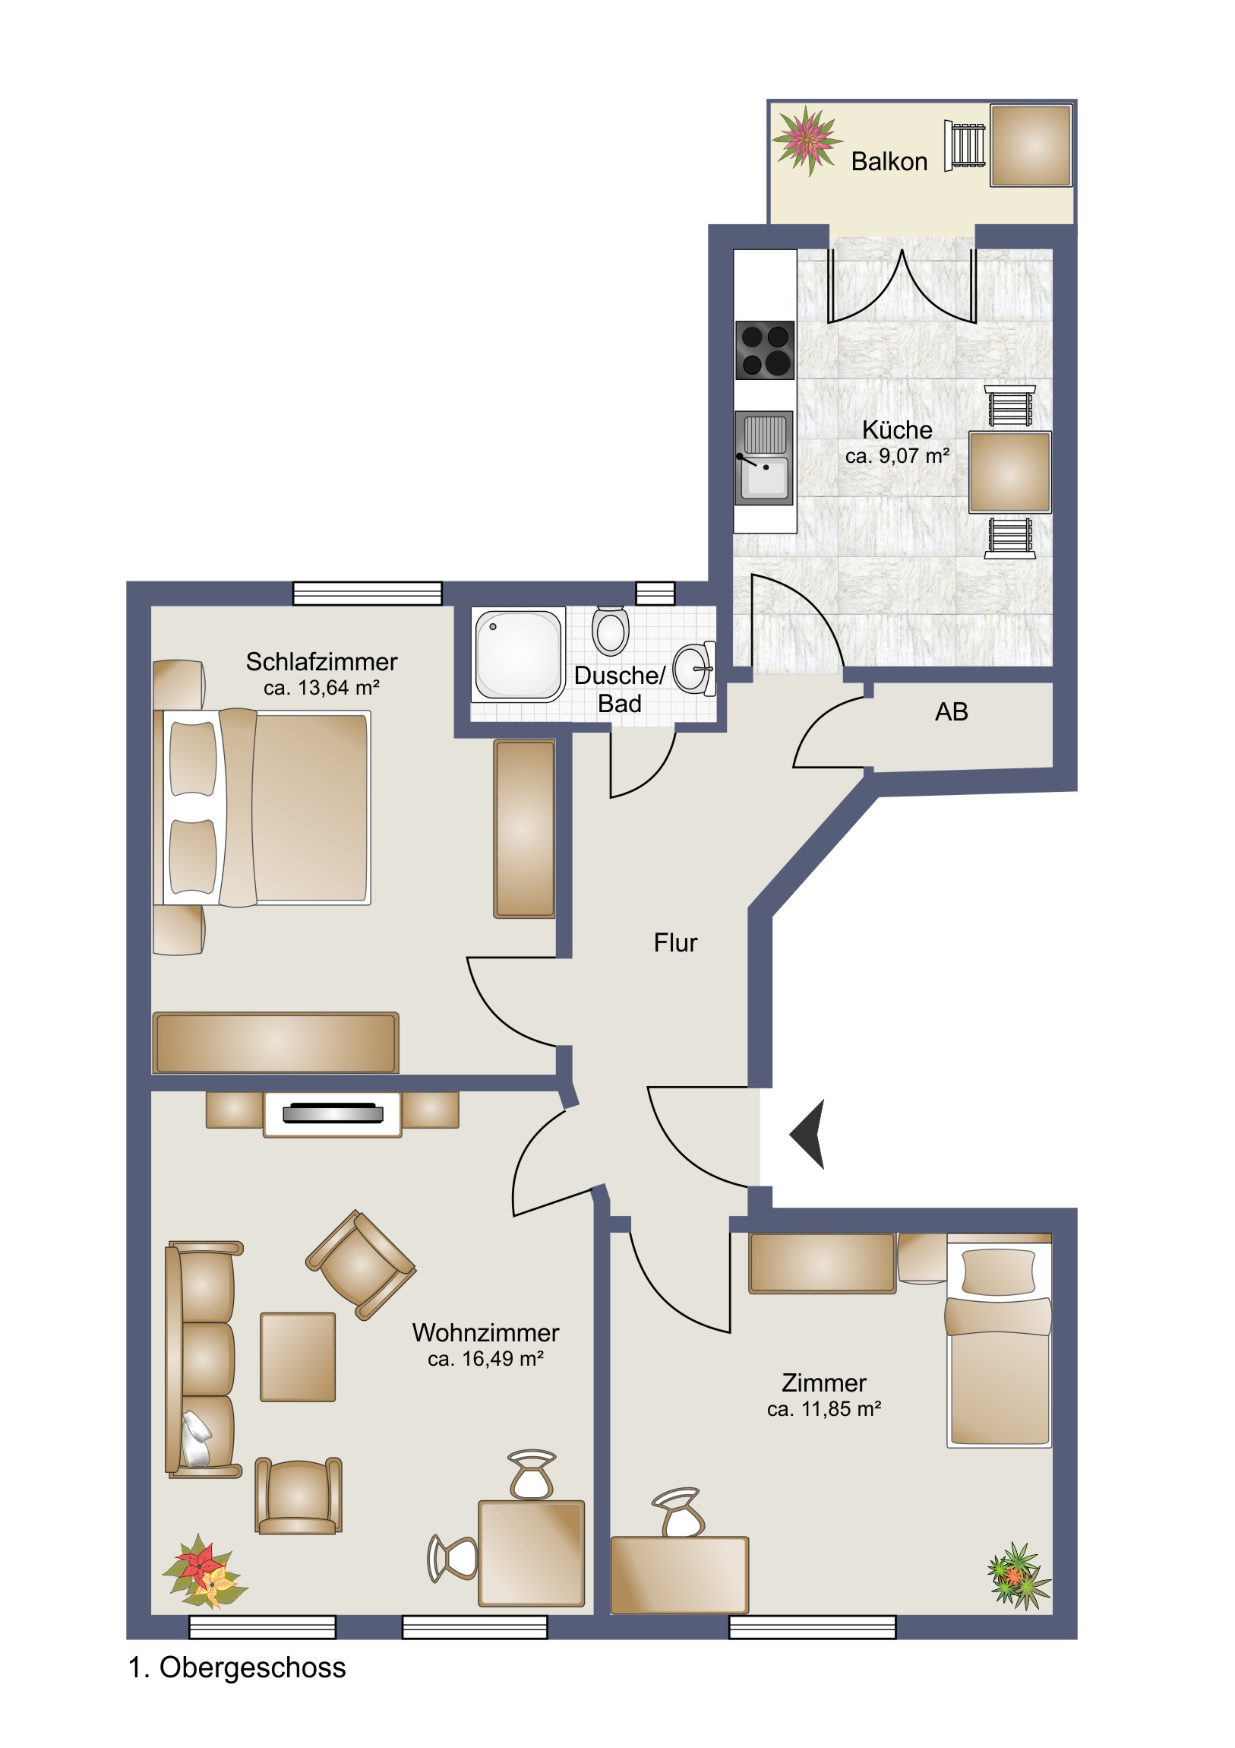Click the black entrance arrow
[810, 1135]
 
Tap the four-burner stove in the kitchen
[765, 350]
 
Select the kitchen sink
[764, 458]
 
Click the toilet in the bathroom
[610, 630]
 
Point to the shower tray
[518, 654]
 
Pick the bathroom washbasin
[695, 669]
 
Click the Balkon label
[889, 161]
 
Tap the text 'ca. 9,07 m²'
[897, 456]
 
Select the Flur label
[675, 942]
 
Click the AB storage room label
[951, 712]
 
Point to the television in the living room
[333, 1113]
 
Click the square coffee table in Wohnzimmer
[298, 1357]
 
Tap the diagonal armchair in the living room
[361, 1265]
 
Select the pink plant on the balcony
[807, 141]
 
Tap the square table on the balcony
[1031, 145]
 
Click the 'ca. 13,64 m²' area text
[321, 688]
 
